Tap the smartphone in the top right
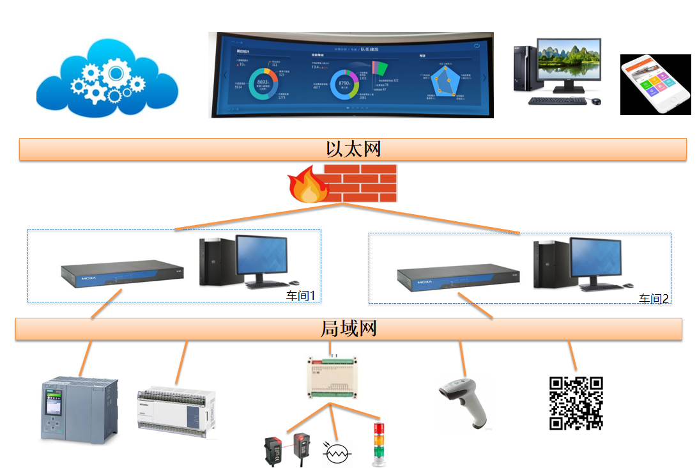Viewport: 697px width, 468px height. [655, 84]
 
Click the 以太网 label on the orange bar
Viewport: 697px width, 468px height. [353, 149]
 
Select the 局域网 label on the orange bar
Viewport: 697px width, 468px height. [348, 329]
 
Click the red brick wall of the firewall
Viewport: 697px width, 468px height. [360, 183]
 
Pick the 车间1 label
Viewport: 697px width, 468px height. [301, 295]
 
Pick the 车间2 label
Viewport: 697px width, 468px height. [654, 298]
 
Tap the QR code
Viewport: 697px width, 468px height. [576, 403]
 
